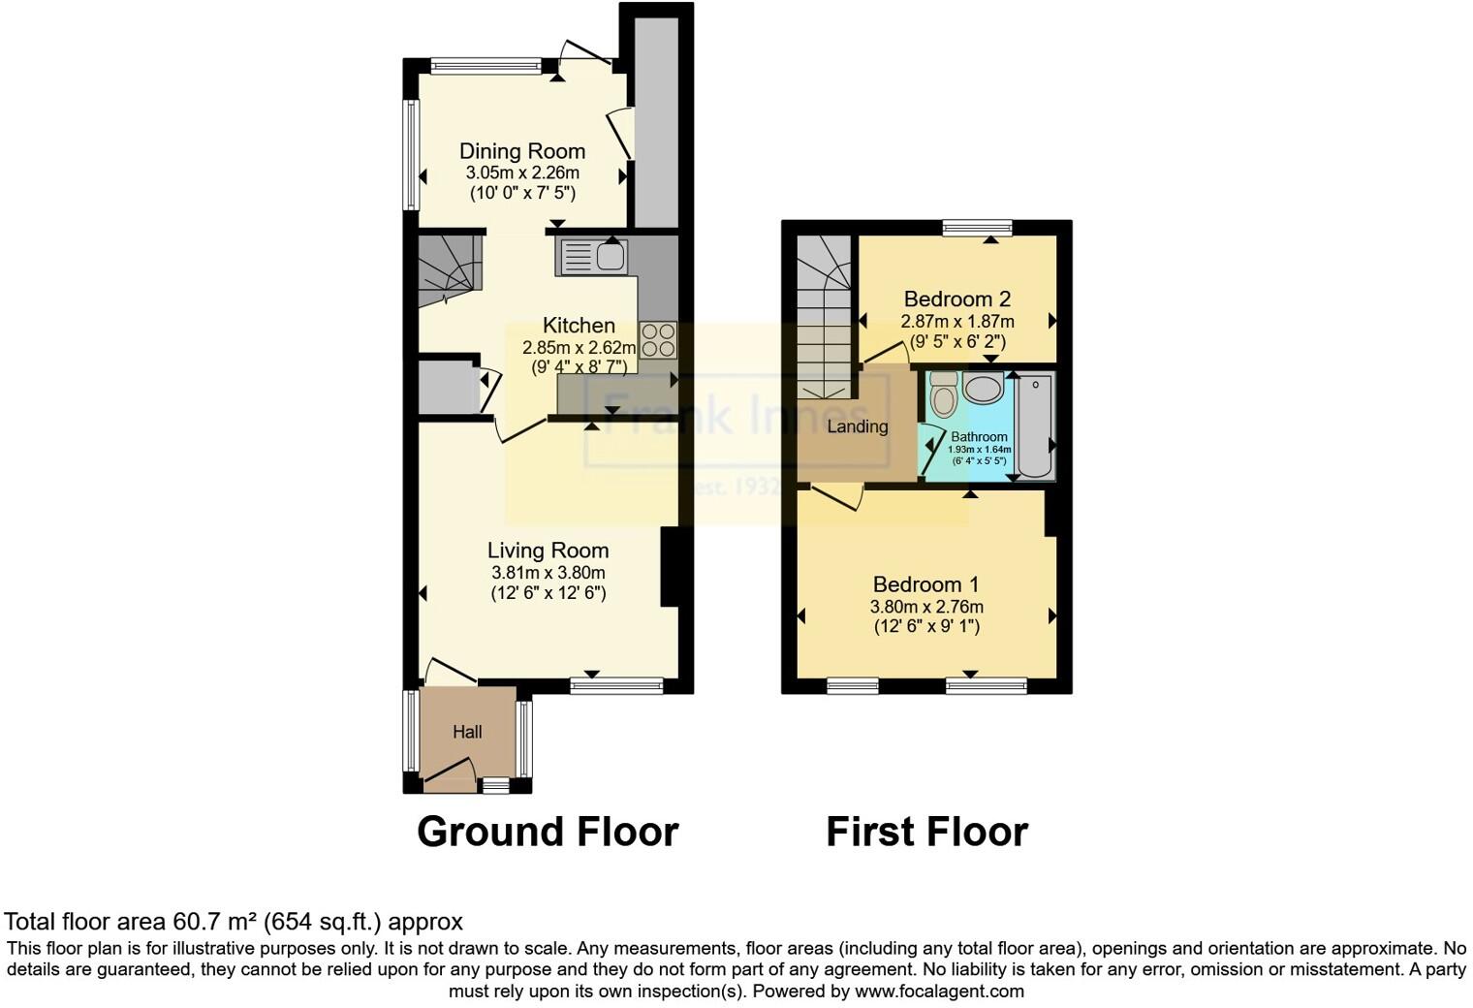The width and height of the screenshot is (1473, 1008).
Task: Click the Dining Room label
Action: click(x=521, y=151)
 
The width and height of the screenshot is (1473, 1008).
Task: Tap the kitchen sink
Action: click(x=592, y=257)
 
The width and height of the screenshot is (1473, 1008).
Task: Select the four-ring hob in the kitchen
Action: click(x=658, y=340)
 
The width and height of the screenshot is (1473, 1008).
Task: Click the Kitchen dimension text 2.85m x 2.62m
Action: click(x=579, y=348)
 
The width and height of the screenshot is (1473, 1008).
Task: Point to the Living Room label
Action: click(x=548, y=551)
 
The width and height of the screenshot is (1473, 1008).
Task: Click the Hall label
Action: click(x=467, y=733)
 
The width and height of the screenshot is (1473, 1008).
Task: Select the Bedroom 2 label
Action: click(x=956, y=299)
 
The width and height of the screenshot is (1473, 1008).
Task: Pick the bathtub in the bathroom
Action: click(x=1035, y=426)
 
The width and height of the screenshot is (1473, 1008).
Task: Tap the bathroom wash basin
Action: click(x=984, y=390)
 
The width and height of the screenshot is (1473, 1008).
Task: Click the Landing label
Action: click(x=858, y=426)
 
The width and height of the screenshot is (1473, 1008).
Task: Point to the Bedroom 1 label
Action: click(x=925, y=584)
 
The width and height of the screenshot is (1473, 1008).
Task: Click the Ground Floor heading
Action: click(x=548, y=832)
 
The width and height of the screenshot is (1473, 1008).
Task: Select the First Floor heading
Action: click(x=926, y=832)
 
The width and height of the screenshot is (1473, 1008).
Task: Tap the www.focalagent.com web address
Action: click(x=938, y=992)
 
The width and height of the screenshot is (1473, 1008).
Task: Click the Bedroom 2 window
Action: click(x=977, y=229)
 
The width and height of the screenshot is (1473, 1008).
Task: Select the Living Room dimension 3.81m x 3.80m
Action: click(x=548, y=573)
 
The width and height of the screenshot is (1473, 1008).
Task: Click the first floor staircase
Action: click(x=824, y=320)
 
